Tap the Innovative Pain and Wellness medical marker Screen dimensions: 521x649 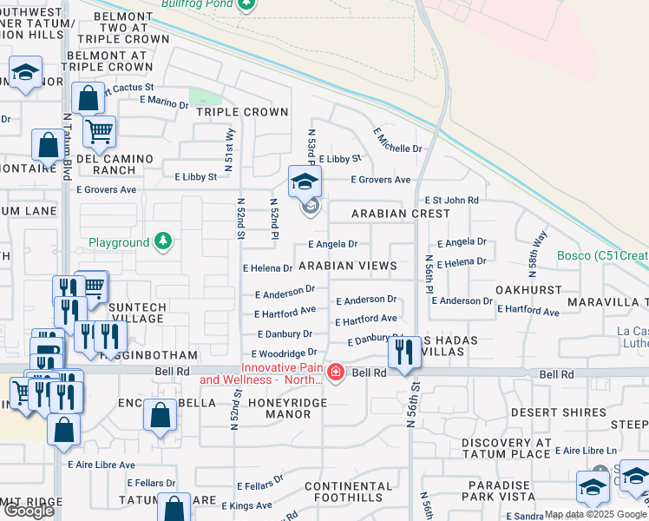coord(336,373)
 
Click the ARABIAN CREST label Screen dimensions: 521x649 coord(401,214)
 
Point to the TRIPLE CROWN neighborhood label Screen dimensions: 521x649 coord(241,112)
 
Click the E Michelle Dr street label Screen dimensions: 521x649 coord(397,141)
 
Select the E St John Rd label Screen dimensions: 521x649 coord(451,200)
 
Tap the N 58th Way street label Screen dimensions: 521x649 coord(539,249)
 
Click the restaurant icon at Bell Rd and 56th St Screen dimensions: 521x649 coord(404,352)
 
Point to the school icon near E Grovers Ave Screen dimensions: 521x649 coord(305,182)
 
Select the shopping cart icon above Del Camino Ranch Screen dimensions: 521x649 coord(100,132)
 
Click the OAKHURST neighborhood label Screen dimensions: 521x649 coord(524,288)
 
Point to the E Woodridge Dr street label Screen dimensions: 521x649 coord(284,353)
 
